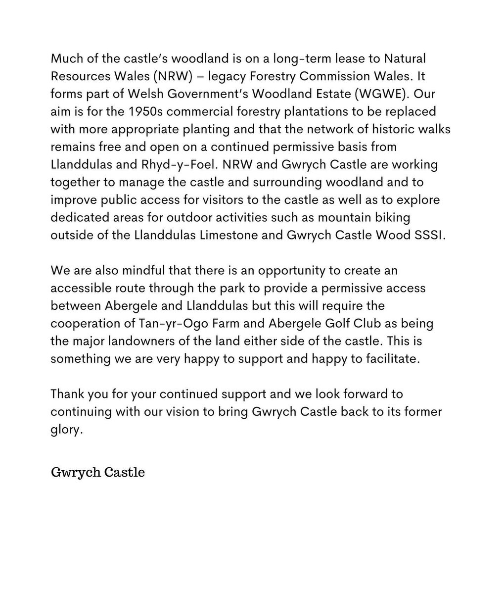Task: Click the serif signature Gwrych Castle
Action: tap(97, 472)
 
